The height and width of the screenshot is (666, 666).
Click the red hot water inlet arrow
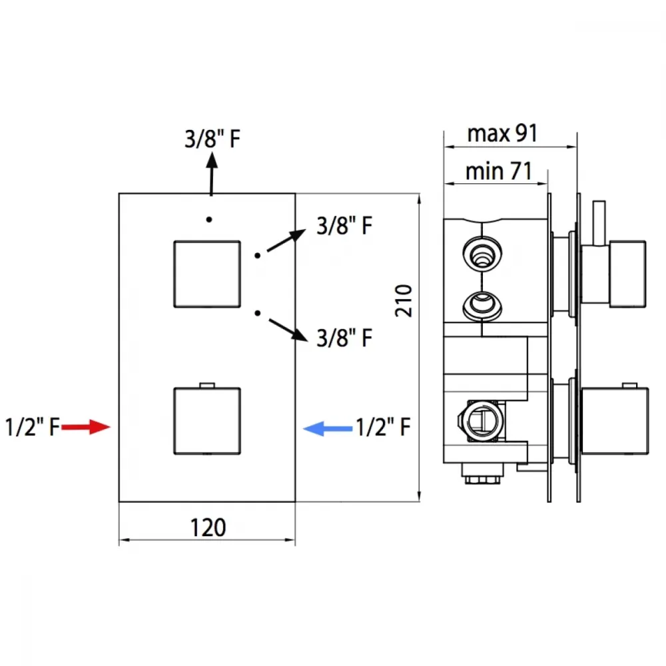tap(86, 427)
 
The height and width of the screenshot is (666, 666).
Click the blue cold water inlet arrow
tap(328, 428)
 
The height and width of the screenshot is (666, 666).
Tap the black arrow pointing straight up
tap(212, 173)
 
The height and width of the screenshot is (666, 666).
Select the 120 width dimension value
tap(208, 527)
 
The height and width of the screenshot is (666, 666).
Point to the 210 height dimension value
tap(404, 300)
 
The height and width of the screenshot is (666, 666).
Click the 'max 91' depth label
tap(502, 133)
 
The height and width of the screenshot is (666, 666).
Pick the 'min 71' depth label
tap(499, 171)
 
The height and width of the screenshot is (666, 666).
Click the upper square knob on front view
tap(207, 274)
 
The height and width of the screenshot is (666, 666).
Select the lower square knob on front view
tap(207, 421)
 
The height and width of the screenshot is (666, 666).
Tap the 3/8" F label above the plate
tap(212, 139)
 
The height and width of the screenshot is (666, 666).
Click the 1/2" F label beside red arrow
tap(32, 427)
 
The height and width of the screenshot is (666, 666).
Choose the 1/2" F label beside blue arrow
tap(383, 427)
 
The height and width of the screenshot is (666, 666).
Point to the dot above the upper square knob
tap(209, 220)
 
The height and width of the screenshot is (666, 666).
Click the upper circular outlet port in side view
tap(482, 254)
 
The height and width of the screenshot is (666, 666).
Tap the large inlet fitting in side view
tap(482, 421)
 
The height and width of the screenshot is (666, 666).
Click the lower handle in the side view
tap(615, 421)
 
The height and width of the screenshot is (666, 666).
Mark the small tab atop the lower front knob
tap(207, 385)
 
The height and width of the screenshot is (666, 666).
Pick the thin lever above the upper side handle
tap(599, 223)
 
